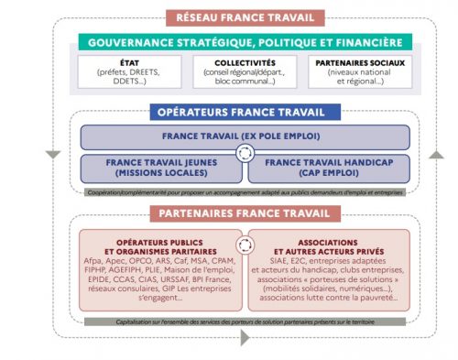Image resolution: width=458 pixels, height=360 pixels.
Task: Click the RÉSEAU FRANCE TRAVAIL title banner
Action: coord(245,18)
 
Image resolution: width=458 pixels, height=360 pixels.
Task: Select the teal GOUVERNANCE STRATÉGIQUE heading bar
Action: coord(245,42)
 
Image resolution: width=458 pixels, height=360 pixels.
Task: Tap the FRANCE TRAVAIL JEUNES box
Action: coord(161,167)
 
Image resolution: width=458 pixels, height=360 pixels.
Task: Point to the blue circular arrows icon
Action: coord(245,153)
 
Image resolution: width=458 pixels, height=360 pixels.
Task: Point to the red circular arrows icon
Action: coord(245,245)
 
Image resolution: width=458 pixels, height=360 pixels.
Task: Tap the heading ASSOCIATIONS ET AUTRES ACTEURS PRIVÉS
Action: coord(329,245)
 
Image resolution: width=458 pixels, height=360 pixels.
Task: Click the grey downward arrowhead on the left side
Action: coord(53,152)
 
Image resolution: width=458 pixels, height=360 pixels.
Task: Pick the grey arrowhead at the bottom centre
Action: coord(245,337)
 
